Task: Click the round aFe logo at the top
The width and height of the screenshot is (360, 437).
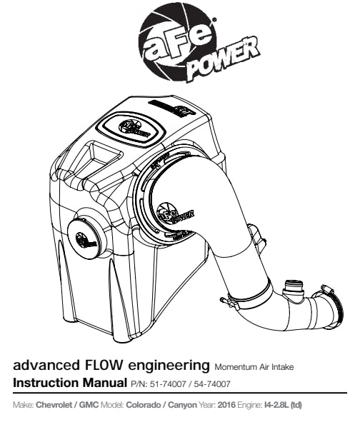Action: tap(177, 43)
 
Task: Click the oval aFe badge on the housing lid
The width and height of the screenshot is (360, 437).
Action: tap(131, 129)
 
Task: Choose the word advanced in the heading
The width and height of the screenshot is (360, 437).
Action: tap(46, 366)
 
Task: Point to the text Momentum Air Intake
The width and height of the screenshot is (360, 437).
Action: tap(254, 367)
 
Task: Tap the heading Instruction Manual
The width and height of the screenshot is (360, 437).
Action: tap(70, 383)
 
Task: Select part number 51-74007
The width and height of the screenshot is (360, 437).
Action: tap(168, 384)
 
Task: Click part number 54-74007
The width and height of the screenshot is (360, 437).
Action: tap(212, 384)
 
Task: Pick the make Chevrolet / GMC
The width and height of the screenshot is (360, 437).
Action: tap(67, 405)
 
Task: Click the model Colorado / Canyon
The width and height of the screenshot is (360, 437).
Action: tap(161, 405)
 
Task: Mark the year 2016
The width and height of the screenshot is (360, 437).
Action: tap(226, 405)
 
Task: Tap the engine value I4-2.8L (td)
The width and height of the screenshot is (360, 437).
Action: tap(283, 405)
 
